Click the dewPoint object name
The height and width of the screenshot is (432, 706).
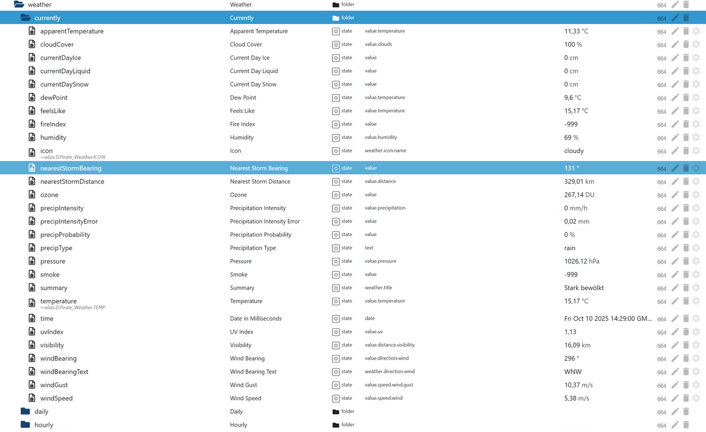pos(54,98)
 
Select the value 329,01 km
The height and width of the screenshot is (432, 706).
pos(579,181)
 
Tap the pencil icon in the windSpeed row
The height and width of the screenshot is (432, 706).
pos(675,398)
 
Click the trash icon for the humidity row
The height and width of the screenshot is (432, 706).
pos(685,138)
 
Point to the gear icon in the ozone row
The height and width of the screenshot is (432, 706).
pos(696,195)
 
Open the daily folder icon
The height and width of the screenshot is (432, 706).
pos(25,411)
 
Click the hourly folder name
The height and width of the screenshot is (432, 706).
pos(44,425)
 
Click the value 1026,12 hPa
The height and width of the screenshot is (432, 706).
pos(581,261)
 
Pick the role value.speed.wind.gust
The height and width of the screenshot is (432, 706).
pos(389,385)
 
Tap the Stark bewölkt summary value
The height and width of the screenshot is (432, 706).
pos(584,288)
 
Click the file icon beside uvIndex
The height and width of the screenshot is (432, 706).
pos(32,332)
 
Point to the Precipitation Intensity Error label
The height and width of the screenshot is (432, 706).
pos(265,221)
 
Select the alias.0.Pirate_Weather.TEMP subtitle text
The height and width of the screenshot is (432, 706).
pos(74,307)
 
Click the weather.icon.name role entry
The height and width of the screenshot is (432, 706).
pos(385,151)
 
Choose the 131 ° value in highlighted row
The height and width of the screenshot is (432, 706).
pos(571,168)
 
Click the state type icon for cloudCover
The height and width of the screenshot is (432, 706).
pos(336,44)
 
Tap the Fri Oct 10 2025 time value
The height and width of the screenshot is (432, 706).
pos(608,318)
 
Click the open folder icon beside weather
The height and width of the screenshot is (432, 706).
pos(19,5)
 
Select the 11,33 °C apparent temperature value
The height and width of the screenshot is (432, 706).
pos(576,31)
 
